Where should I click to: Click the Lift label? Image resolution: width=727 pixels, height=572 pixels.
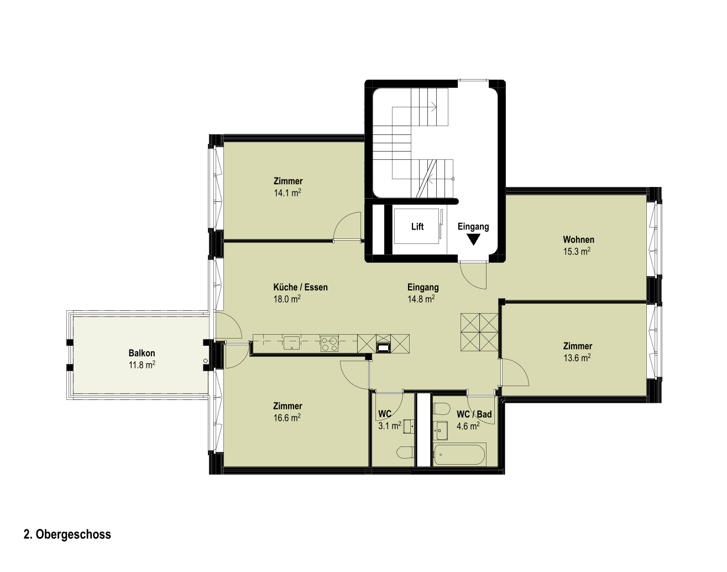417,226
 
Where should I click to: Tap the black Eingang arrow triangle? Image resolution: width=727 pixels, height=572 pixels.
473,240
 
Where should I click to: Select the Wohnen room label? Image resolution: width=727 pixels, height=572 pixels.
578,240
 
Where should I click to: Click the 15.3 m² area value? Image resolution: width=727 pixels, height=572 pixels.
577,251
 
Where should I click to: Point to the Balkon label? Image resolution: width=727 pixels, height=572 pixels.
142,353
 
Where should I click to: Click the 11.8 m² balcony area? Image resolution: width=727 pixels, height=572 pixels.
142,365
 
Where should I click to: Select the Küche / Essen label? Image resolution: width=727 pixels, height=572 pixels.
300,287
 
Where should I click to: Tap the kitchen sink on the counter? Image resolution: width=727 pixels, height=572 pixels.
291,343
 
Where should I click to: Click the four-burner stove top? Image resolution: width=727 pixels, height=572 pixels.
329,344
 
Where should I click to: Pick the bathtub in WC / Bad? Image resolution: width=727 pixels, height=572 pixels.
460,455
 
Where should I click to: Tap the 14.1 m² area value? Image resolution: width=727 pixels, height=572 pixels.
287,193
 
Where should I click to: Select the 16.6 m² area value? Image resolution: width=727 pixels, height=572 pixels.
287,418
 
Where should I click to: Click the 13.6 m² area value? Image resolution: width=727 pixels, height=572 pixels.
577,358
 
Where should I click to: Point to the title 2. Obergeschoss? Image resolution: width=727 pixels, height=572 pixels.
67,534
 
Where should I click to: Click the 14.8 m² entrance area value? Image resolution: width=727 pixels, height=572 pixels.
421,299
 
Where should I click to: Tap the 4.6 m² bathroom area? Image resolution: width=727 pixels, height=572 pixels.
468,426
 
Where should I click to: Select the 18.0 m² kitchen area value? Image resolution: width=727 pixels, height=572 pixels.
287,299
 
